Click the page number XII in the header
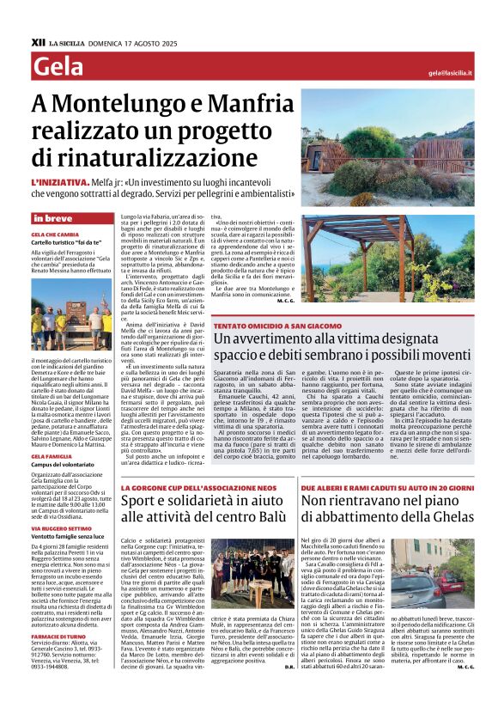click(38, 41)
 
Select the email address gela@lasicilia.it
click(450, 73)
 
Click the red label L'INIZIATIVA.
click(59, 182)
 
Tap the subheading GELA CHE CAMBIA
click(55, 234)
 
